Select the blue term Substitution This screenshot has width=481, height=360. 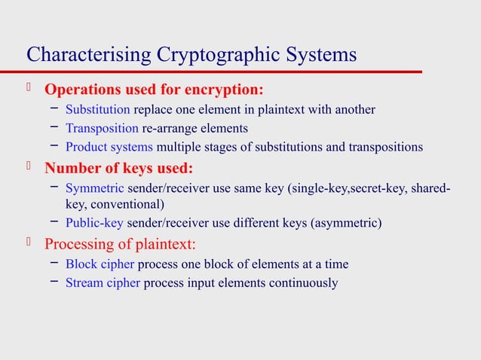[x=98, y=110]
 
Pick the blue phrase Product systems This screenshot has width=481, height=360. [x=109, y=146]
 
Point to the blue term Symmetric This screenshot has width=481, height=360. [x=95, y=188]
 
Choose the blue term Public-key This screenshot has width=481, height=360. [x=95, y=223]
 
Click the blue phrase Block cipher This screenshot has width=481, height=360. [x=100, y=264]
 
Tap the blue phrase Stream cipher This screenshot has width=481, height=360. [x=103, y=283]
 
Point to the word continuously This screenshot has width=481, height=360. [x=303, y=283]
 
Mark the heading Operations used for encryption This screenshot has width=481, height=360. [x=155, y=90]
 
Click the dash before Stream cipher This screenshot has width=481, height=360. [x=55, y=283]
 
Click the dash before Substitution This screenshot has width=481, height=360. [x=55, y=110]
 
